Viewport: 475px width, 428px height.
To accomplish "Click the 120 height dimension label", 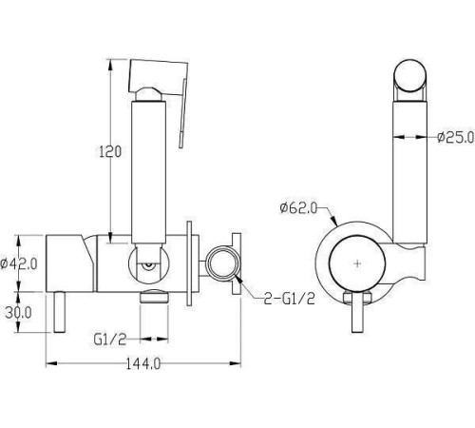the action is [110, 151].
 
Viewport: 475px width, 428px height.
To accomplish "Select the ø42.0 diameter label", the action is [19, 263].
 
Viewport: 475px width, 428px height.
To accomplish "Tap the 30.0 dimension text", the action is [19, 313].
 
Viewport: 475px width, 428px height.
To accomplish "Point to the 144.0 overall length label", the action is [143, 363].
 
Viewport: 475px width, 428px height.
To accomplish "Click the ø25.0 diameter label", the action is [456, 137].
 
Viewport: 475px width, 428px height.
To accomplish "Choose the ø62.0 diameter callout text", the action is [298, 208].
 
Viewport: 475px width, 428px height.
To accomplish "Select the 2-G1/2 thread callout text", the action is [290, 299].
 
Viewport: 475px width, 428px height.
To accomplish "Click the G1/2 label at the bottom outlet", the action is [110, 340].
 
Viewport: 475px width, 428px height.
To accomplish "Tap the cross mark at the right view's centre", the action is [357, 263].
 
